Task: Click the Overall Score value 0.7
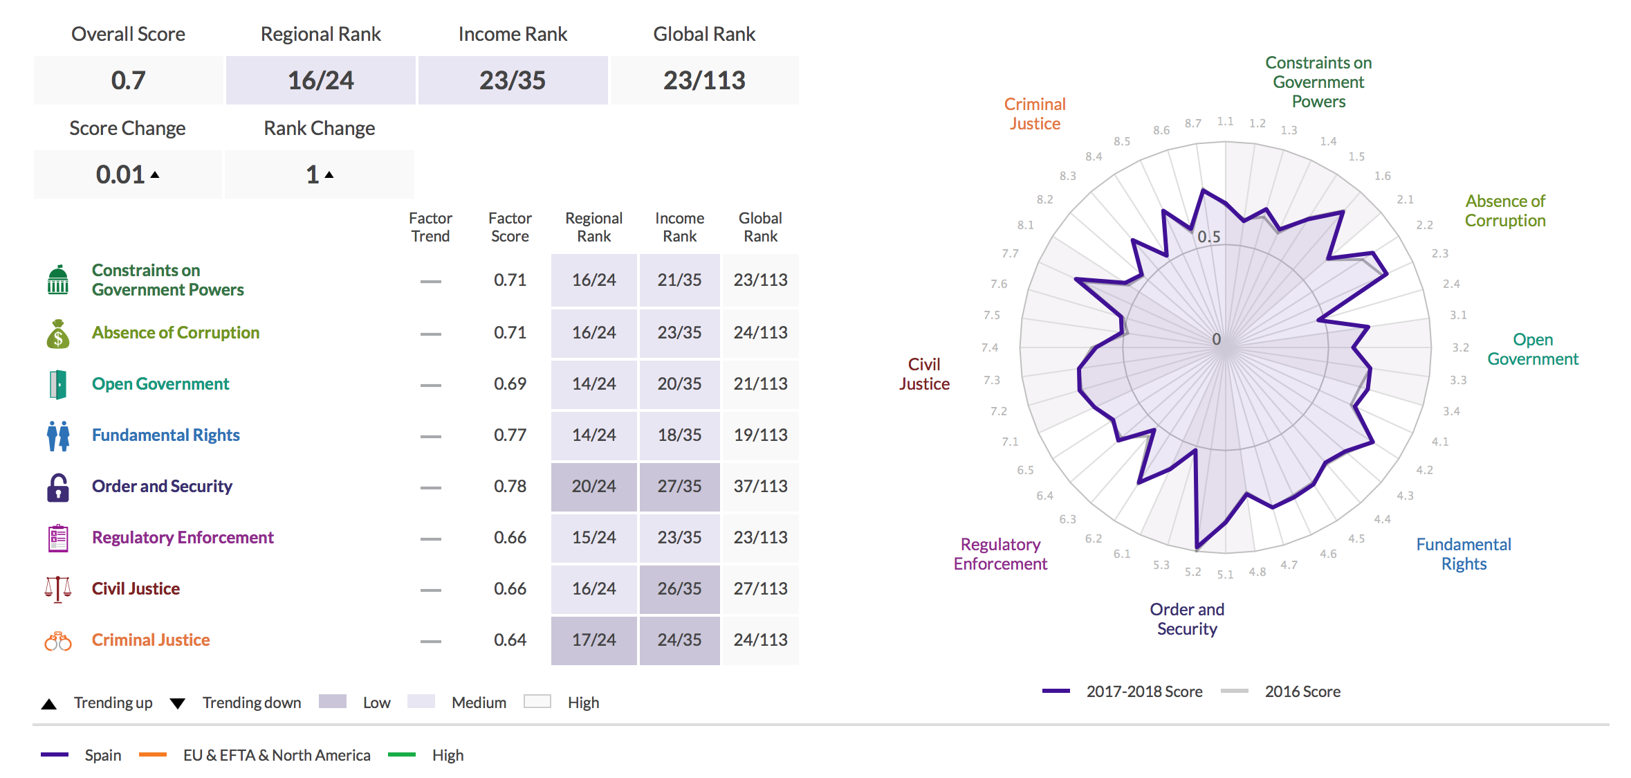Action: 128,80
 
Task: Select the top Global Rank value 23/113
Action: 704,80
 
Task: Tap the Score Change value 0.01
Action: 121,174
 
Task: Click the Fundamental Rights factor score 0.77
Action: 510,435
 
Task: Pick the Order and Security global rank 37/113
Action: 760,486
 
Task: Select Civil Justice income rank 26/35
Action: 679,588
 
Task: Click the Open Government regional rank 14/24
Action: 593,383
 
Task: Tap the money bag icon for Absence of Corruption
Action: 58,334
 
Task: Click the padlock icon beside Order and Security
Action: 58,487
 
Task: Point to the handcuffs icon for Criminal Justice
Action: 58,642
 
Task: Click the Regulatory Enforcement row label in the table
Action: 183,537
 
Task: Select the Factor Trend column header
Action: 430,227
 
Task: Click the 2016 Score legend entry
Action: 1302,691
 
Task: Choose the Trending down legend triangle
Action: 178,703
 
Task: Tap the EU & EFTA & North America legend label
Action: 277,755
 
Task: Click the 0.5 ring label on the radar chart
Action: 1209,237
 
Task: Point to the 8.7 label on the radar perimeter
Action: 1192,123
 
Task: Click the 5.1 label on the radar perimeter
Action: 1225,575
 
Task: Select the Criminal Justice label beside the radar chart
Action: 1035,114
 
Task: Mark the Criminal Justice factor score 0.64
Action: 510,640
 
